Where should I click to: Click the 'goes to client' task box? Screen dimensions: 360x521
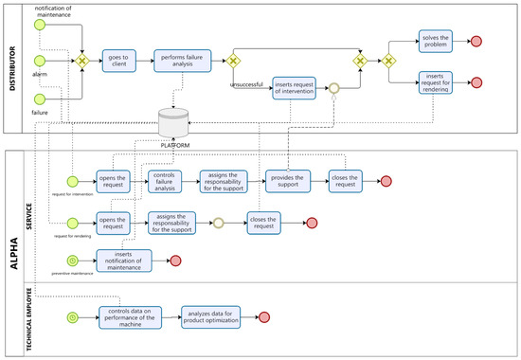(117, 62)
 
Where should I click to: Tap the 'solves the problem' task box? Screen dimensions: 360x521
(436, 41)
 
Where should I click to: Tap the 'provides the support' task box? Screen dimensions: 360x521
(288, 180)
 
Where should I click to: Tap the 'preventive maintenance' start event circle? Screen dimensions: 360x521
(73, 259)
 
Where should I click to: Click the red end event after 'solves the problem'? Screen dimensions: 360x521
(476, 41)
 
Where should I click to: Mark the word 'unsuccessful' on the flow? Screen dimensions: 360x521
(248, 84)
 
